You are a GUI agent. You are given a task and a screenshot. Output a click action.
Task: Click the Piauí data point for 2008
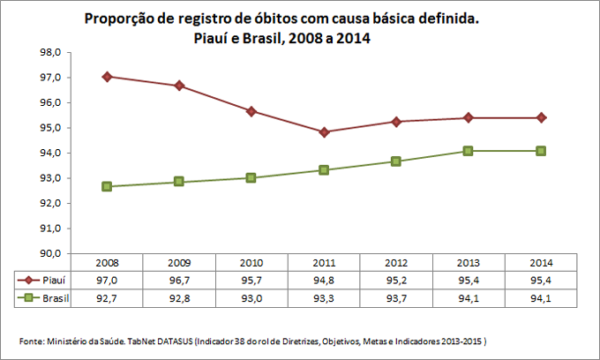point(107,77)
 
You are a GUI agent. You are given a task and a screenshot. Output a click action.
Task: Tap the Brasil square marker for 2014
point(541,151)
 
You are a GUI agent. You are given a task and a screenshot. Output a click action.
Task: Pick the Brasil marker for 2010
point(251,177)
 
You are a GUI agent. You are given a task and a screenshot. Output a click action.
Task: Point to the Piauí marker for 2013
point(469,117)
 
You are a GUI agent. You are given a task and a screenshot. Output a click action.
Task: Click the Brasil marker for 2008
point(107,186)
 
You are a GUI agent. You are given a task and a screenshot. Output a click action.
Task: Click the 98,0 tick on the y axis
point(49,52)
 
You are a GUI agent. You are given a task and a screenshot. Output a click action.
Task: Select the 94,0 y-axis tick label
point(49,153)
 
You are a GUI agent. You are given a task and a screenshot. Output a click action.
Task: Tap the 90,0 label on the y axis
point(49,253)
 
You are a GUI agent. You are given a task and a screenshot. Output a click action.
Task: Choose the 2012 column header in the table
point(396,263)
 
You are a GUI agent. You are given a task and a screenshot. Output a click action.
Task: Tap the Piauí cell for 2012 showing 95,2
point(396,281)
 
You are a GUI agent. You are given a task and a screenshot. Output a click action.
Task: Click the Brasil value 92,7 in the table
point(107,298)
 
